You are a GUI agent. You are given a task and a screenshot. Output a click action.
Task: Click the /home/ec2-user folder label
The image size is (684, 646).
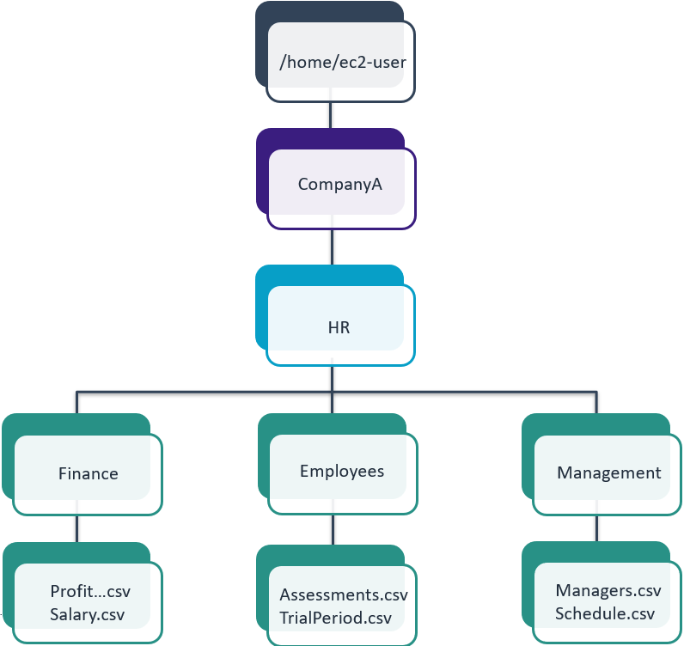point(342,61)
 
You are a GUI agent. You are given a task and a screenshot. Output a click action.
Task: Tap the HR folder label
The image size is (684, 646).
point(339,327)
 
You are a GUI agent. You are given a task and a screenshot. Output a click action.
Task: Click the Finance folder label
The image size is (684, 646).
point(88,473)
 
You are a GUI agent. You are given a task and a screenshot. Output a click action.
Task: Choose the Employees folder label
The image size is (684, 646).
point(342,471)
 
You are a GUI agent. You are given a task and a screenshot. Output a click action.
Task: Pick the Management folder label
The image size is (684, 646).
point(608,472)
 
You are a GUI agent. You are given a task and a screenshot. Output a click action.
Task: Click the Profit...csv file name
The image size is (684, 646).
point(89,591)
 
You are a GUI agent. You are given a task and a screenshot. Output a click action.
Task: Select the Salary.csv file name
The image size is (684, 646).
point(88,614)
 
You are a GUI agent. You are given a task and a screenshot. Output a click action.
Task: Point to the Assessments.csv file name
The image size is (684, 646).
point(343,594)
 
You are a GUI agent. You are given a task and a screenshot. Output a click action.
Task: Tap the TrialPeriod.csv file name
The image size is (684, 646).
point(335,618)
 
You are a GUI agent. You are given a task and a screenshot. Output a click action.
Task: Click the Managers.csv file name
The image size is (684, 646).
point(608,590)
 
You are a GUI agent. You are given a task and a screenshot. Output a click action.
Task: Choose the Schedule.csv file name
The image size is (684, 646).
point(604,613)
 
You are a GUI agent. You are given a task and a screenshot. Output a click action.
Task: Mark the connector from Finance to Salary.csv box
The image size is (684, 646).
point(78,528)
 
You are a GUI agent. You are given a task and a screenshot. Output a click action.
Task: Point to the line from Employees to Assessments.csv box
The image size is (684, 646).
point(332,530)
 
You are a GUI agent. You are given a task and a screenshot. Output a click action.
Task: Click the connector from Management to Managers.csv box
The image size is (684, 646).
point(596,529)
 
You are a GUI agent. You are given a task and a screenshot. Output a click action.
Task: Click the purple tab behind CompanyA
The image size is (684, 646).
point(263,176)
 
